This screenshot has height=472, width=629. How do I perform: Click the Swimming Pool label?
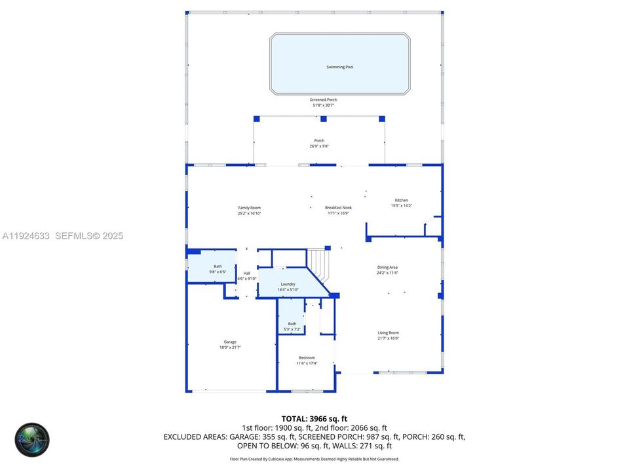(x=340, y=67)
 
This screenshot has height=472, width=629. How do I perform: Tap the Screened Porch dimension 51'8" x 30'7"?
(x=323, y=106)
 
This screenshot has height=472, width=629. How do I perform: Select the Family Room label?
(x=249, y=208)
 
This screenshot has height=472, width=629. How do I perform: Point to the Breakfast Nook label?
(x=338, y=208)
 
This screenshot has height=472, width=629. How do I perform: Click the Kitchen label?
(x=401, y=200)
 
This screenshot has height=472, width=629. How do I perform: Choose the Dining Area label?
(x=387, y=267)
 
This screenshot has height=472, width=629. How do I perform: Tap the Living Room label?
(x=388, y=332)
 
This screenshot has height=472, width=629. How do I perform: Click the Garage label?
(x=230, y=342)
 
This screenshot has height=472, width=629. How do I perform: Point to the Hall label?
(x=247, y=273)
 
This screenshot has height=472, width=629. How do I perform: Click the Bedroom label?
(x=307, y=357)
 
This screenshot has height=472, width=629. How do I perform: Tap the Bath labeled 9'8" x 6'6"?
(x=218, y=266)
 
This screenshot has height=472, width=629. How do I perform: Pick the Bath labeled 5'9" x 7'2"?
(x=292, y=323)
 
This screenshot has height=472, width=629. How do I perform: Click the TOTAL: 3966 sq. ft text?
(x=314, y=418)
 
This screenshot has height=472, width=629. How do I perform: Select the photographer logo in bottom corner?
(x=33, y=439)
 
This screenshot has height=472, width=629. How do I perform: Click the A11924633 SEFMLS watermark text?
(x=63, y=236)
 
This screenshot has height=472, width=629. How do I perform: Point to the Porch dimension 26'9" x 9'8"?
(x=319, y=146)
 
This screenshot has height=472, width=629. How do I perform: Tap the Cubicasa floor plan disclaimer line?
(x=314, y=459)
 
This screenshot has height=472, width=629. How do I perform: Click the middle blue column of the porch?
(x=323, y=119)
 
